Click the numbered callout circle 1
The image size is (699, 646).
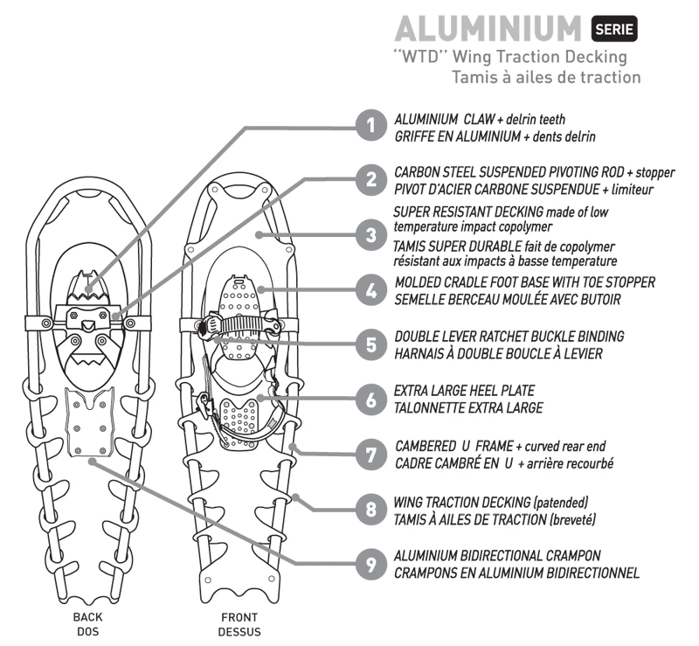[x=372, y=127]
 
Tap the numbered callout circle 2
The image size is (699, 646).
[x=372, y=180]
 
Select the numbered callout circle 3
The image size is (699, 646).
[x=372, y=234]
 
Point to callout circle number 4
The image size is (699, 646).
[x=372, y=289]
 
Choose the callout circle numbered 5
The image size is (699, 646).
[x=372, y=344]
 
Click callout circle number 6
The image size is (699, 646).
[x=372, y=399]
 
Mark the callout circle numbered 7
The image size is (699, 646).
[x=372, y=454]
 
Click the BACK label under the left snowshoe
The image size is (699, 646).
[x=87, y=617]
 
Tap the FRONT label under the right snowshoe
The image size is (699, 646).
[x=239, y=617]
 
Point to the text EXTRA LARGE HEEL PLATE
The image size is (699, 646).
[x=464, y=392]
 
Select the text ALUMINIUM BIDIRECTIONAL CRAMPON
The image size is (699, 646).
[x=497, y=556]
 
